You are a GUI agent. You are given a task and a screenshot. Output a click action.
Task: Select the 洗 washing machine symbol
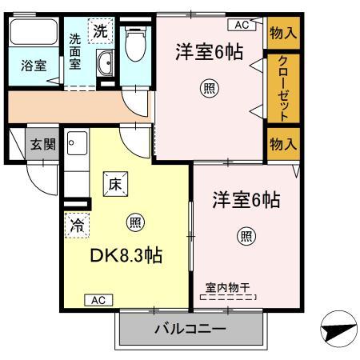(x=101, y=32)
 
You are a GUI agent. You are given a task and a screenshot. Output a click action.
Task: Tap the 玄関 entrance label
(x=42, y=145)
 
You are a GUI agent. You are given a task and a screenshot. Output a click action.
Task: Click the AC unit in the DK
(x=96, y=300)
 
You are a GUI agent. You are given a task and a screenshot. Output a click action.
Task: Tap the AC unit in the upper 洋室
(x=242, y=25)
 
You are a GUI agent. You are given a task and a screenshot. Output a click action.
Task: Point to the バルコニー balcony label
(x=190, y=329)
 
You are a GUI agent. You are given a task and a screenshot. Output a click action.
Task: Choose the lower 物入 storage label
(x=282, y=144)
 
